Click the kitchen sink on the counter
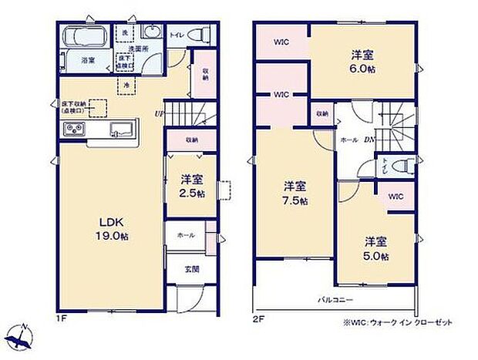(122, 129)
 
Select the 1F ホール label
(187, 235)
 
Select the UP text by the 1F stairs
(159, 116)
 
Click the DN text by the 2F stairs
(370, 140)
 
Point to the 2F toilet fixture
(385, 165)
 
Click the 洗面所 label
(138, 50)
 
